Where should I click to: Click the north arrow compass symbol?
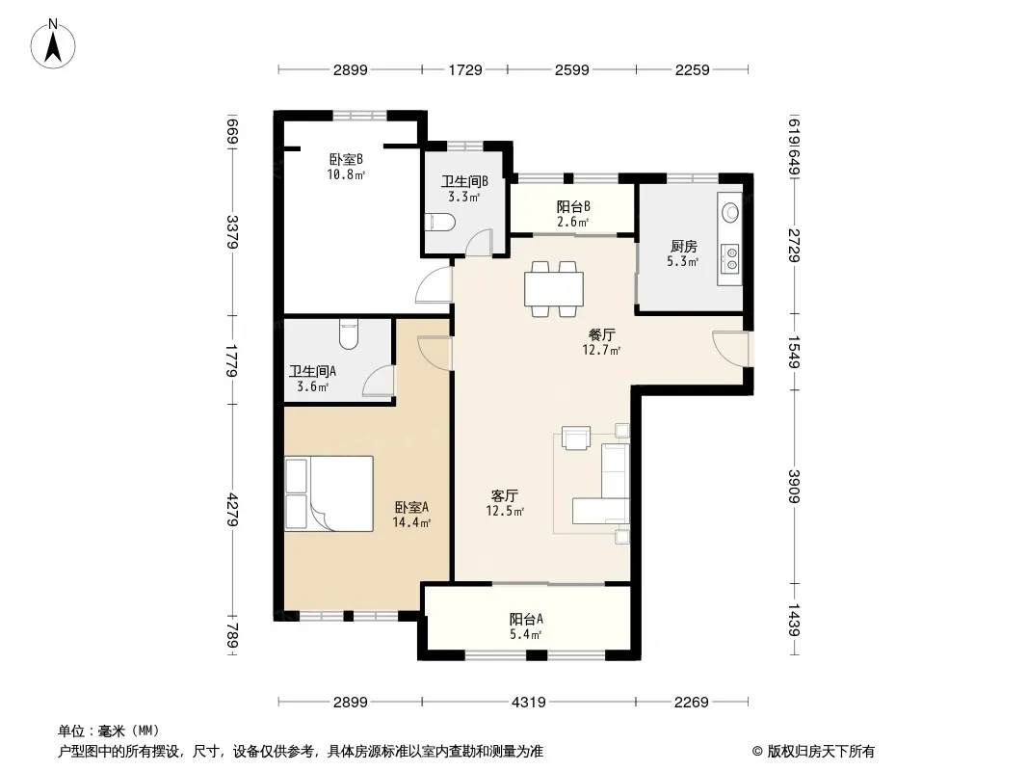point(53,44)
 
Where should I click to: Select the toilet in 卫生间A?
point(349,334)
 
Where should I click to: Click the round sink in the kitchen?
point(729,212)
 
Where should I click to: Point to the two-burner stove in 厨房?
point(729,258)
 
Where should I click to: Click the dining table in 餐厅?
point(554,289)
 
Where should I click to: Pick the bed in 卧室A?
point(329,493)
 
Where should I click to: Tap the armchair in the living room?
point(576,439)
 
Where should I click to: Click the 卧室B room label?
point(346,159)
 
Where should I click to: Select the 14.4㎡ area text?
point(411,522)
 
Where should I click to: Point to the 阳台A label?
point(526,619)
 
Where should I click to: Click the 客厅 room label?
point(504,495)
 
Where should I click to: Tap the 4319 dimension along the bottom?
point(529,703)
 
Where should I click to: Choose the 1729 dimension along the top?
point(465,69)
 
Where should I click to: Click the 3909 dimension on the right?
point(793,486)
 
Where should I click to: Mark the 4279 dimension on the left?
point(233,510)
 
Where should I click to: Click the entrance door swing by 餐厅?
point(730,349)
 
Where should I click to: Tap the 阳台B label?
point(573,207)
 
